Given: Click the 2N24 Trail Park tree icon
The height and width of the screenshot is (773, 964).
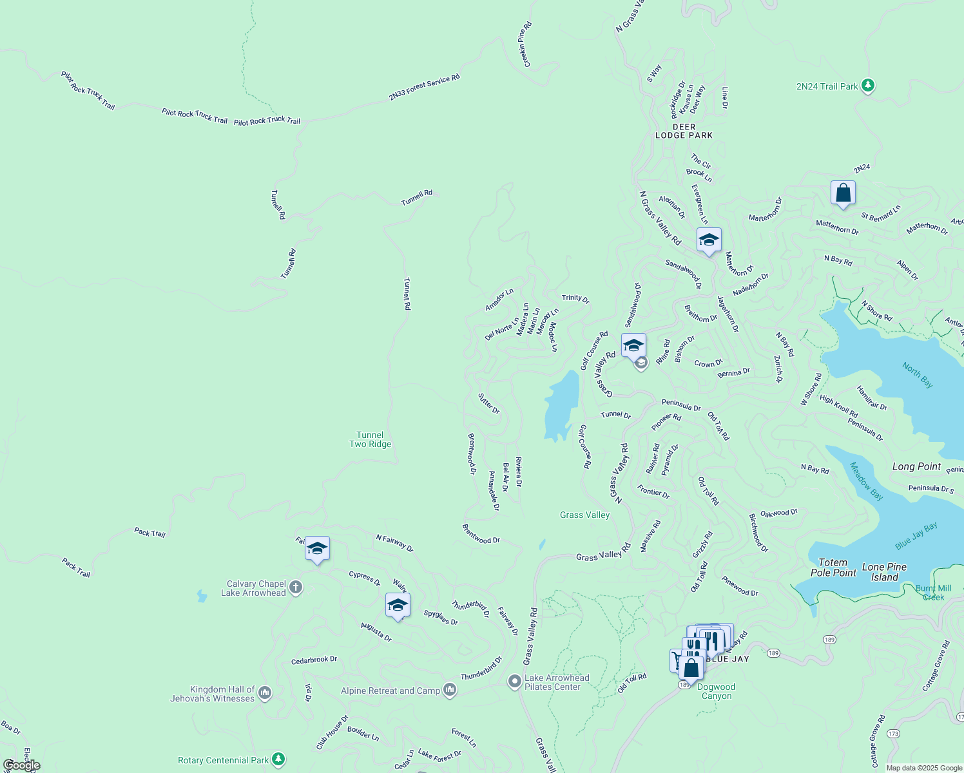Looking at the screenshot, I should [x=867, y=86].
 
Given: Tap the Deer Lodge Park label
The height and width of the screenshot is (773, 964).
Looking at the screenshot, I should [x=684, y=131].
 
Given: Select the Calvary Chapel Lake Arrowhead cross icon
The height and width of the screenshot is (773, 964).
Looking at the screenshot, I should [x=296, y=587].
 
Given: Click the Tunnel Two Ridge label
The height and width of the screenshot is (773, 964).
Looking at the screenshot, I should [x=370, y=439].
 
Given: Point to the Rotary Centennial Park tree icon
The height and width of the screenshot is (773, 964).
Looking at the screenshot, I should [x=278, y=759].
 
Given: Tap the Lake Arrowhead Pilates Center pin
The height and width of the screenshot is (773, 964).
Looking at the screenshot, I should [x=514, y=682].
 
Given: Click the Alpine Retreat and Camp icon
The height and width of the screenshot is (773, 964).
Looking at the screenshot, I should [x=450, y=691].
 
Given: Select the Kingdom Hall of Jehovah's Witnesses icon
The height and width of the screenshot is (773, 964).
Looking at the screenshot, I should [x=264, y=693].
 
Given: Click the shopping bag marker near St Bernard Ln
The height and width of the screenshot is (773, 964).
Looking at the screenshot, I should [x=843, y=193].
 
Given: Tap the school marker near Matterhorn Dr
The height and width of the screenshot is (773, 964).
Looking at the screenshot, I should [x=709, y=240].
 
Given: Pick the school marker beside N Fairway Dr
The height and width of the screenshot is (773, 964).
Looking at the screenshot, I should [x=317, y=549].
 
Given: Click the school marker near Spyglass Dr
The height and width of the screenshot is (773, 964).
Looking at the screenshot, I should [x=398, y=606].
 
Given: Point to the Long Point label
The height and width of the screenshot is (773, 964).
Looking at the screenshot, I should [x=916, y=466].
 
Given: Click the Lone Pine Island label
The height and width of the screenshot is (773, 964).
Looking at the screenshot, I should [x=884, y=572].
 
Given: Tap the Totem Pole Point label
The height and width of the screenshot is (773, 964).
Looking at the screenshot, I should [x=833, y=568].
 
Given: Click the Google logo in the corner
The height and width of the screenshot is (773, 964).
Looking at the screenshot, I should [x=21, y=765].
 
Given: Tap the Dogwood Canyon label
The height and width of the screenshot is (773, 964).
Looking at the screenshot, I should [x=716, y=691].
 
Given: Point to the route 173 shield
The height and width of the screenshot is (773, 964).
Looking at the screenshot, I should [x=892, y=734].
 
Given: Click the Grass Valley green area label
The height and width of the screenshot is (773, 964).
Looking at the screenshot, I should [x=584, y=515].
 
